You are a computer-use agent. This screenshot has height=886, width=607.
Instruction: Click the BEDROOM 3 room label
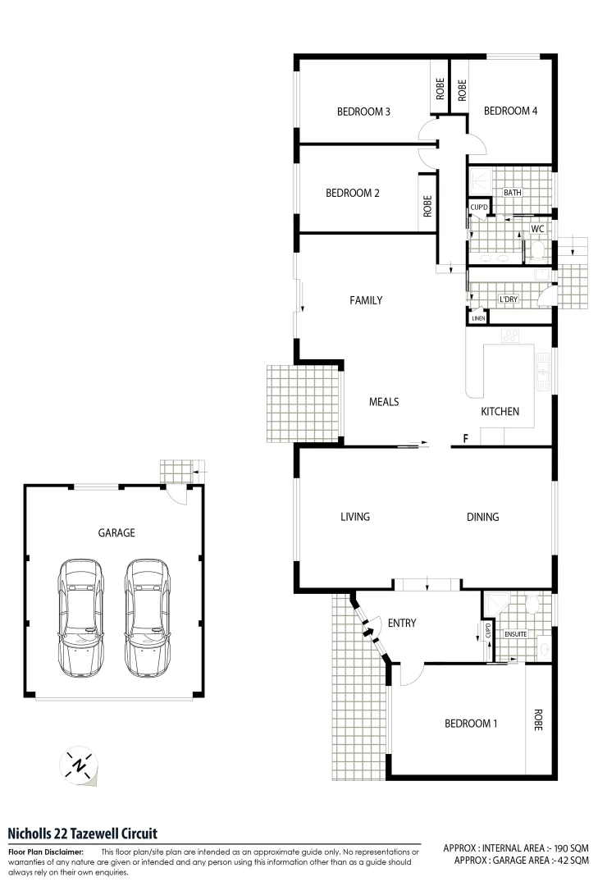tap(363, 112)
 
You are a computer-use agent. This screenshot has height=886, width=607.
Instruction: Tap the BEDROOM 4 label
tap(510, 112)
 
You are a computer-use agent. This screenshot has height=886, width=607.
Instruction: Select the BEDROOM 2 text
tap(352, 194)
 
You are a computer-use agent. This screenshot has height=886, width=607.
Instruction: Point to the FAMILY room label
tap(366, 300)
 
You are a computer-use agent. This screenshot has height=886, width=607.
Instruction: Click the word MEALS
tap(384, 401)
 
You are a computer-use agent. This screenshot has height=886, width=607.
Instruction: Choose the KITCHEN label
tap(500, 411)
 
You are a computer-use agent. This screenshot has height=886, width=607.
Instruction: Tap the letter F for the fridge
tap(465, 439)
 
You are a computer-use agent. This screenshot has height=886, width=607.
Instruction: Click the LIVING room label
tap(355, 517)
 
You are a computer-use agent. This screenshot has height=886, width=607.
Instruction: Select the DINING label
tap(482, 517)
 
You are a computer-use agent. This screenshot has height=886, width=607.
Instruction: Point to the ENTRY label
tap(402, 623)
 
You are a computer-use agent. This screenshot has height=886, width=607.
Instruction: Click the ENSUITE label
tap(515, 633)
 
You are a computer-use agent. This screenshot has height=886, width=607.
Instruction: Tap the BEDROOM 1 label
tap(471, 724)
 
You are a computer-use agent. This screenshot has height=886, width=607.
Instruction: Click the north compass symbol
tap(80, 765)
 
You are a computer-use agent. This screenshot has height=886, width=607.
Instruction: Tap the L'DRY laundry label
tap(509, 300)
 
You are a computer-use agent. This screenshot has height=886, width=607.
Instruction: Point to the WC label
tap(538, 228)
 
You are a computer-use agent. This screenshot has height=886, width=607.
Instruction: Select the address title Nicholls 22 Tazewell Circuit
tap(82, 833)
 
